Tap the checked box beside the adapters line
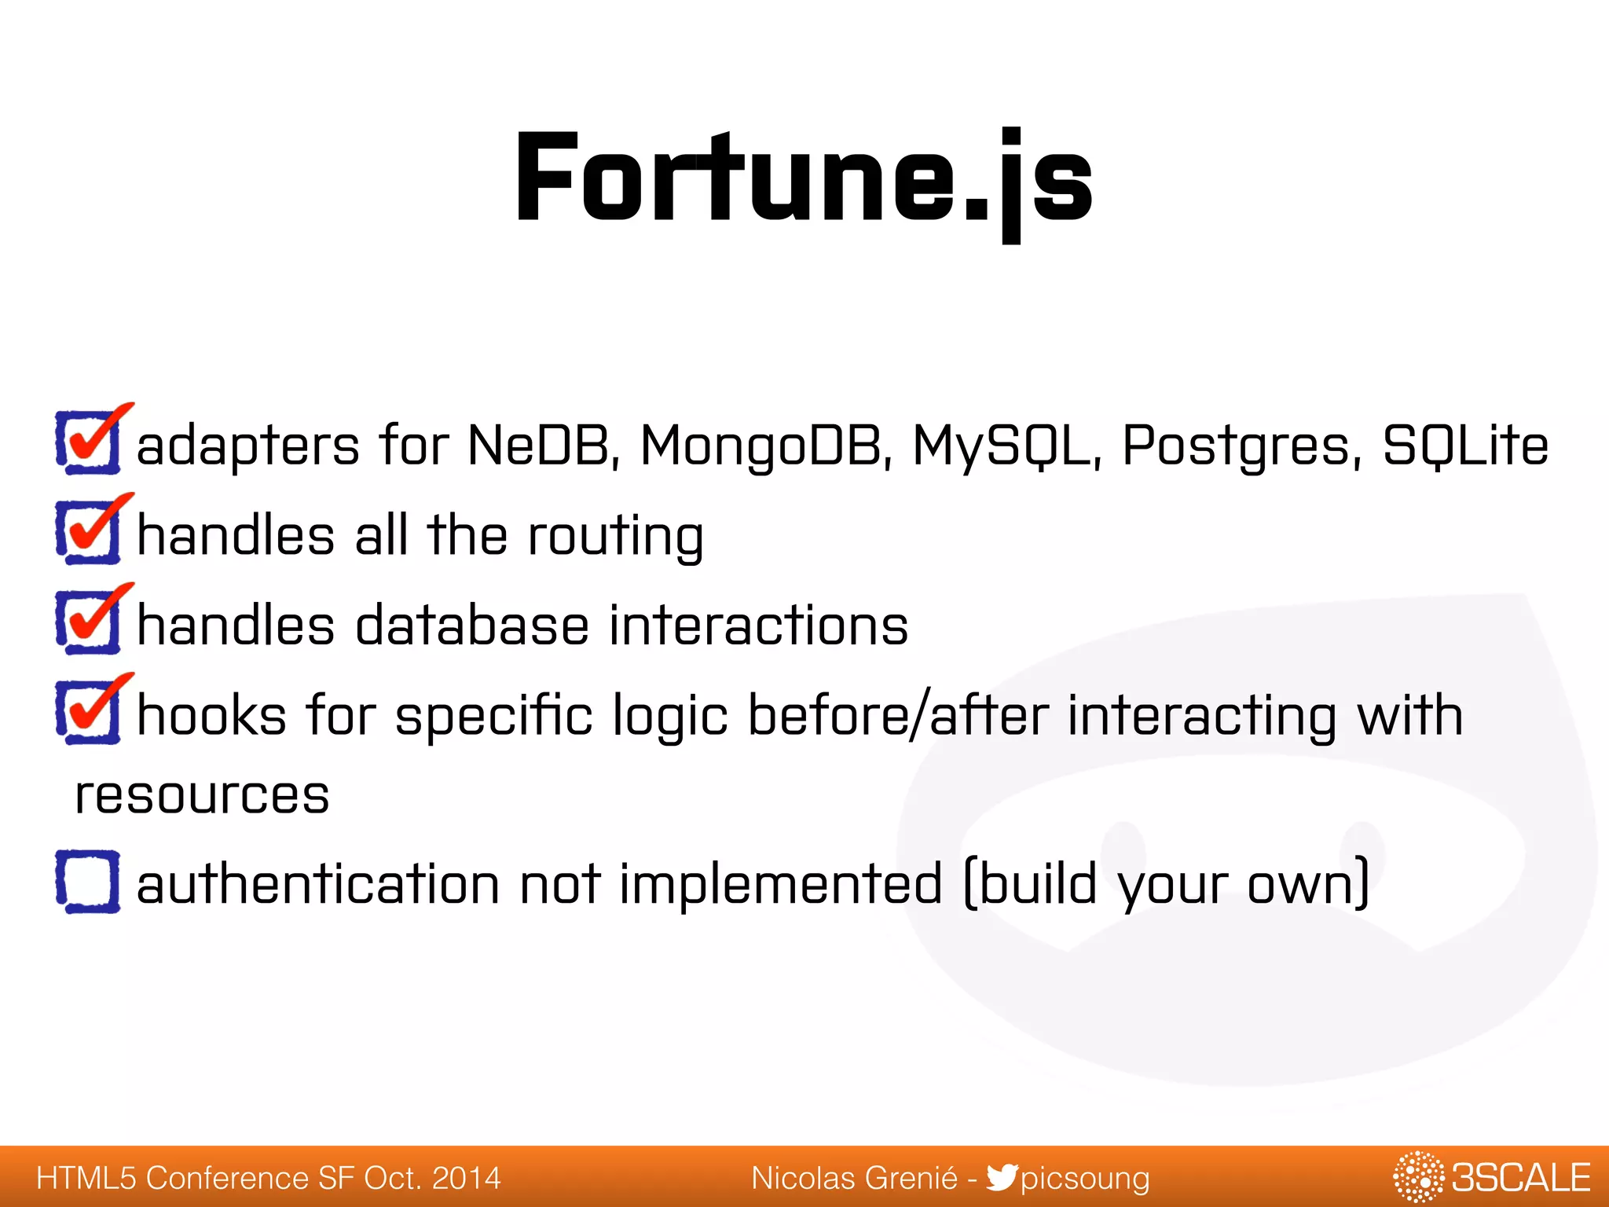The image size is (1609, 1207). point(88,442)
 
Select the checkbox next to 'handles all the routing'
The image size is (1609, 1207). point(88,532)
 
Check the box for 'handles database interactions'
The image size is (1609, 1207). point(88,622)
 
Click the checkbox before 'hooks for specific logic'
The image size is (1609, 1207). point(88,712)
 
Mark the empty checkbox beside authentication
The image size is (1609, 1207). point(88,882)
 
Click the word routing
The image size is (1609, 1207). point(615,537)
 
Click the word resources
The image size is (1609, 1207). point(202,795)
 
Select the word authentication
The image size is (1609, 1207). point(318,884)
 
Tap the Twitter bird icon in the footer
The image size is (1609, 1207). point(1001,1177)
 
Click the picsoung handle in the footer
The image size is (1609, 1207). point(1085,1179)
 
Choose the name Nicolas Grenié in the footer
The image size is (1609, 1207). point(854,1178)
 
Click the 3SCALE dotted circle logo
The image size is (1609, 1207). point(1418,1177)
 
